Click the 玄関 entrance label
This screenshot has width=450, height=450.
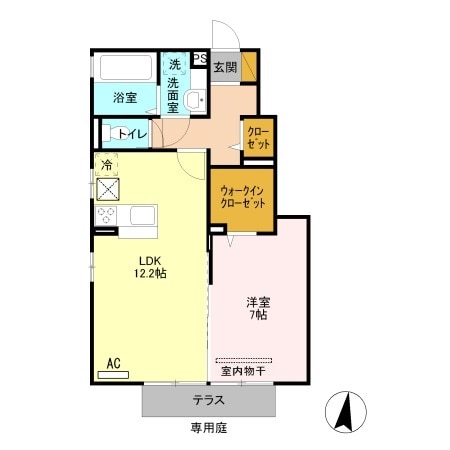pos(224,68)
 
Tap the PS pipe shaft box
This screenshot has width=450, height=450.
pos(200,59)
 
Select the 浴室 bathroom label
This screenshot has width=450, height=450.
pos(125,98)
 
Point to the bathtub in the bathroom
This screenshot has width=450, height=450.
pos(125,68)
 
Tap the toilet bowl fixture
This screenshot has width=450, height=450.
pos(108,133)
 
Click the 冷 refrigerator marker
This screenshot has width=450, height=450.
pos(106,163)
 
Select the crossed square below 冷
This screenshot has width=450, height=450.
pos(106,187)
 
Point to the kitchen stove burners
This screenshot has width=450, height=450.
pos(105,215)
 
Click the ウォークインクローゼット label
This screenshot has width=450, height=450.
pos(240,195)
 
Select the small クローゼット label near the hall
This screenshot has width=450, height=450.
pos(259,138)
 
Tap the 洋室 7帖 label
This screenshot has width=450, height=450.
pos(259,307)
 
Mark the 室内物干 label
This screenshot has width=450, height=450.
pos(243,371)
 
